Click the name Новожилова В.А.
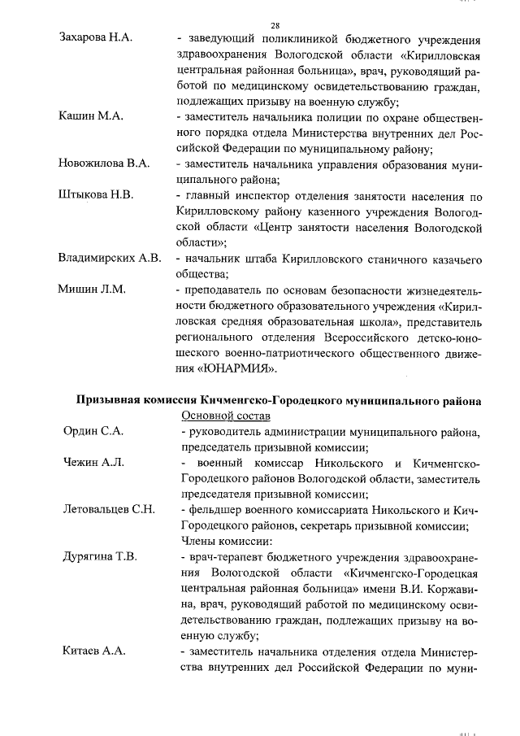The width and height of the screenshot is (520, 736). pyautogui.click(x=104, y=163)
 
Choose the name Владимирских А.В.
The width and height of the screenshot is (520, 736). pyautogui.click(x=108, y=259)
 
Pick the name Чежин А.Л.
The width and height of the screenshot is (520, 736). pyautogui.click(x=93, y=462)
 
